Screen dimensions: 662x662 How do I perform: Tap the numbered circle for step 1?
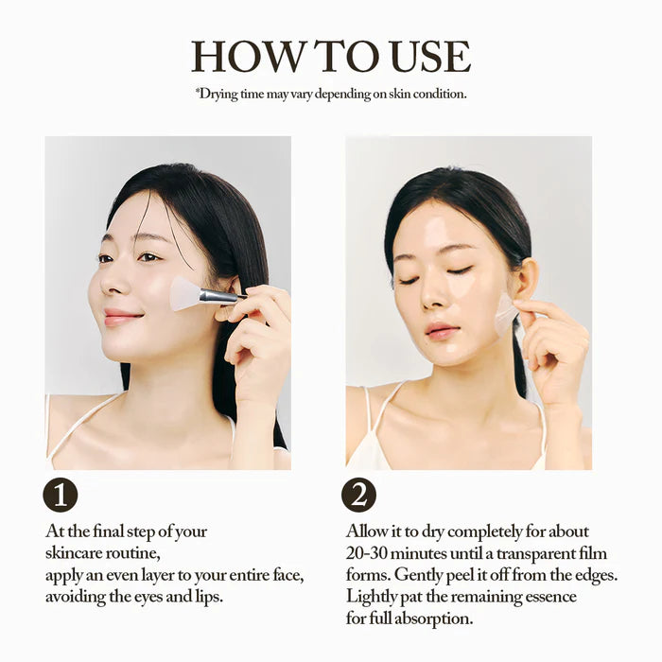(61, 495)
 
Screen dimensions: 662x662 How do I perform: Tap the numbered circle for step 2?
(358, 495)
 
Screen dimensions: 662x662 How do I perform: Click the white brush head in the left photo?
(185, 293)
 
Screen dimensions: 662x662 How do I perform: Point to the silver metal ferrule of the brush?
(218, 296)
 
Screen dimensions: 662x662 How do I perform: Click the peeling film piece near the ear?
(505, 314)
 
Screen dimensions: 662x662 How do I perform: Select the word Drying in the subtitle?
(218, 94)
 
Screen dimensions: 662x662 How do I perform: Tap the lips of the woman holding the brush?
(119, 317)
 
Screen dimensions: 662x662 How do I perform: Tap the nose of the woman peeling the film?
(432, 296)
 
